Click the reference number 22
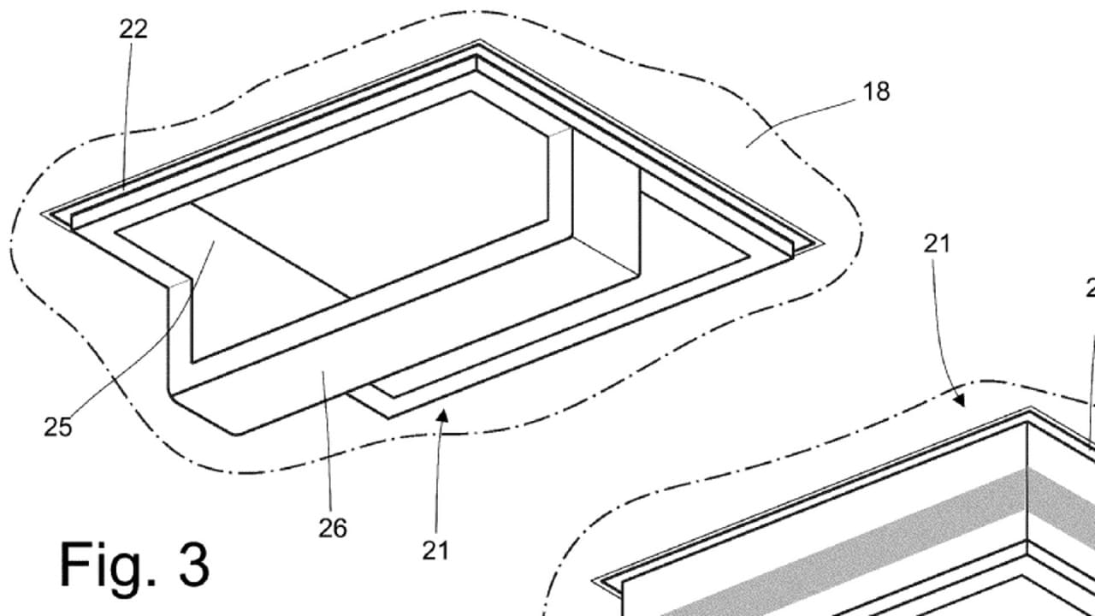click(133, 28)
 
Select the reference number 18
click(876, 92)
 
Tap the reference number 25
click(58, 427)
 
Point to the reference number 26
click(333, 529)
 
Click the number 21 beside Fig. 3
click(435, 550)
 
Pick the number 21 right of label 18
click(937, 244)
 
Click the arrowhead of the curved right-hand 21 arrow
click(962, 400)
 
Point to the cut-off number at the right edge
click(1090, 287)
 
